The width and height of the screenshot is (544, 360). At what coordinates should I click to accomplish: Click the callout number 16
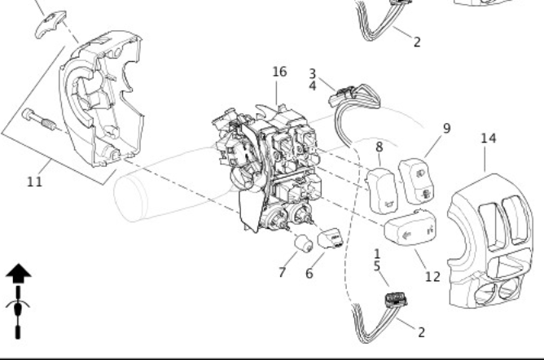click(x=279, y=72)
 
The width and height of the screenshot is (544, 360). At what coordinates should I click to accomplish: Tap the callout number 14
click(x=488, y=138)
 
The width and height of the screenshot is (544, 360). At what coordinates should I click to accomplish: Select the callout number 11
click(x=34, y=181)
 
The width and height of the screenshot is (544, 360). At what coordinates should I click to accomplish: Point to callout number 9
click(x=446, y=129)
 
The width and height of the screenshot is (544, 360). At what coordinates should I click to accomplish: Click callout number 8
click(x=379, y=147)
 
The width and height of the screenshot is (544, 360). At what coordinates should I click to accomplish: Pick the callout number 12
click(x=432, y=276)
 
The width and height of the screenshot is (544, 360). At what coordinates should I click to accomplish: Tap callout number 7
click(x=282, y=272)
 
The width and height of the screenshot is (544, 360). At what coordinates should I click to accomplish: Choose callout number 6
click(x=309, y=274)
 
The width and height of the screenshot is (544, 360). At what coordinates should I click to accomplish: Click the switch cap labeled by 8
click(x=382, y=189)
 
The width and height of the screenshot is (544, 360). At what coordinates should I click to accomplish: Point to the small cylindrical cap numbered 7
click(x=303, y=244)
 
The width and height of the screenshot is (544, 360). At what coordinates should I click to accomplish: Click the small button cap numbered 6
click(x=331, y=236)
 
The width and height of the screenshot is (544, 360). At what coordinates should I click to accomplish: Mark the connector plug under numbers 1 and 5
click(x=395, y=298)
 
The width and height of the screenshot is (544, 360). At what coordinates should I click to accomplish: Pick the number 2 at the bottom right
click(x=421, y=332)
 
